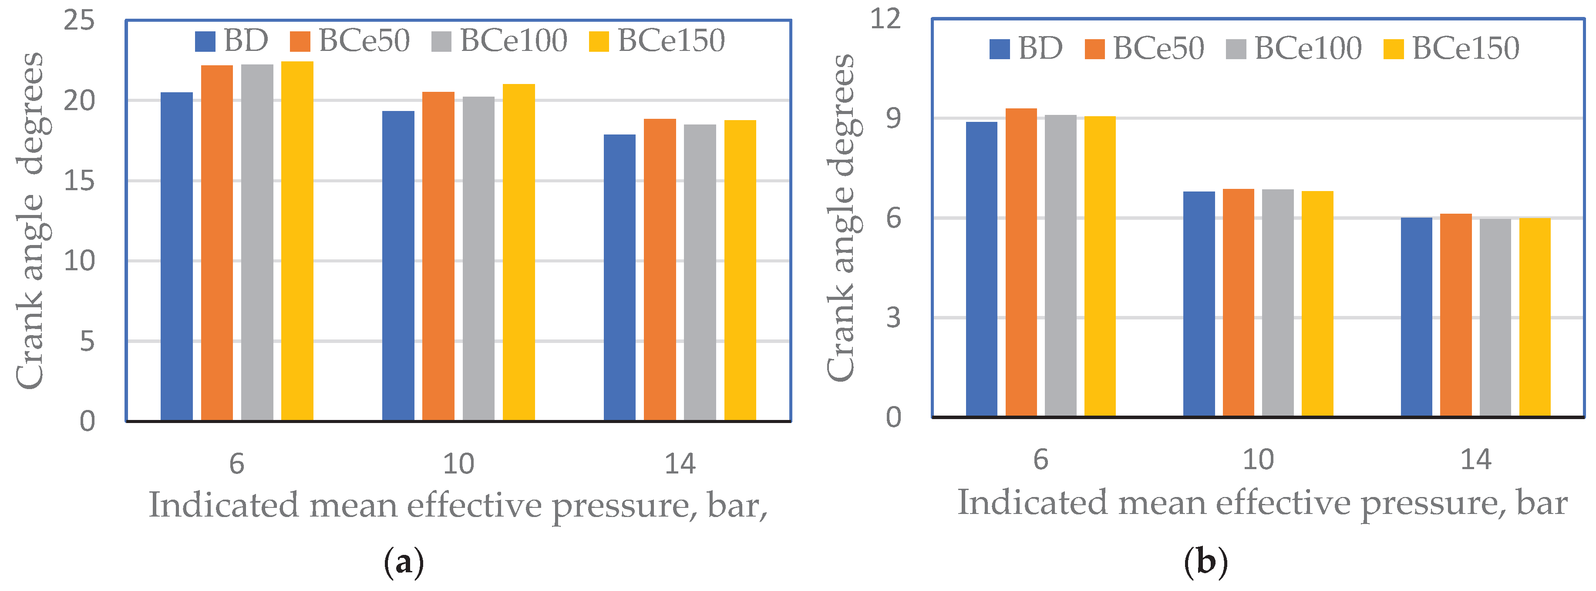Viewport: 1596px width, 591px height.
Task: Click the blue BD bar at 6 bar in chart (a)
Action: [177, 257]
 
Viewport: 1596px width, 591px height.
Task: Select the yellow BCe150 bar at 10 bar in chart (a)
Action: [519, 253]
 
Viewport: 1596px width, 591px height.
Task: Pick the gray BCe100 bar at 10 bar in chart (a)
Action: [478, 259]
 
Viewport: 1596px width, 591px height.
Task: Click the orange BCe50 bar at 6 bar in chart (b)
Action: [1021, 262]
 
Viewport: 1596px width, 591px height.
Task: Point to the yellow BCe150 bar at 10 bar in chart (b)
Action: [1317, 304]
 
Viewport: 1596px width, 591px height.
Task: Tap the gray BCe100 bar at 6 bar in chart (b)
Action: [1060, 265]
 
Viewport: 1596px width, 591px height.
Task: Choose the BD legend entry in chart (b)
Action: [1026, 48]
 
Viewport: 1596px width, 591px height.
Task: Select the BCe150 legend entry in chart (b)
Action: [1451, 48]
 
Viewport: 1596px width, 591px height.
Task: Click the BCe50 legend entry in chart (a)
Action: [350, 41]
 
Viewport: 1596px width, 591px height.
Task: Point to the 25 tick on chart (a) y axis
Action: [79, 20]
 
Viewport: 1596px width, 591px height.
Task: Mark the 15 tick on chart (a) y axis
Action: [79, 181]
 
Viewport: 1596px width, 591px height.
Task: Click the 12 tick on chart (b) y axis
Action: [886, 19]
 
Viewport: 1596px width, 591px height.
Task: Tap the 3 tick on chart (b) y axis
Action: [893, 318]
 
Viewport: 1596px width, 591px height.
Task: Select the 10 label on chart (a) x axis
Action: [458, 464]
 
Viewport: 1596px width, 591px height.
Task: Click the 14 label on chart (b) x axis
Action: [1476, 460]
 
